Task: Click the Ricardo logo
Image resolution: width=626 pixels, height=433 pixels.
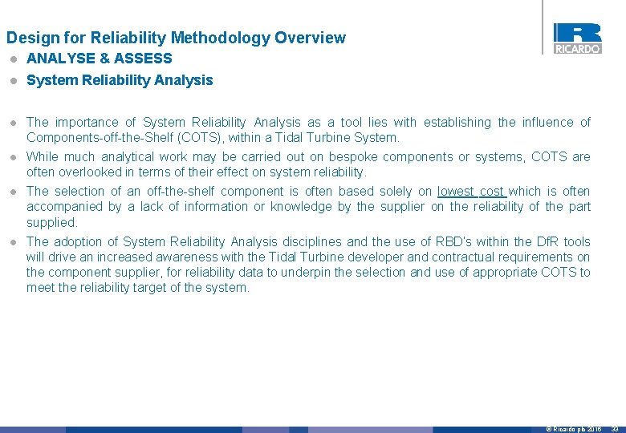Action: [x=577, y=38]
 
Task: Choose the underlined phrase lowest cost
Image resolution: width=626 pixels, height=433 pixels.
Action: [x=471, y=192]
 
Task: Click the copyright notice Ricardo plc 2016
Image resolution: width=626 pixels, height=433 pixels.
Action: [x=573, y=430]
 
